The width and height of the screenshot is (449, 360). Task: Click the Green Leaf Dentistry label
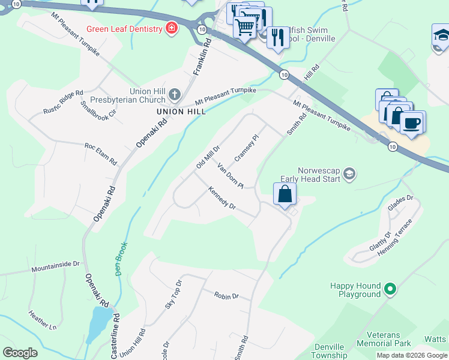124,29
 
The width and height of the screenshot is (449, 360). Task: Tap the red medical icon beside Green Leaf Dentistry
172,28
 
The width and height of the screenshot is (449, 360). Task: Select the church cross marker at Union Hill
175,94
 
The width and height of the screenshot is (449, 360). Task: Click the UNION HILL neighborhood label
181,112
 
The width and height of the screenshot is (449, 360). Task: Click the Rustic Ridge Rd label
62,102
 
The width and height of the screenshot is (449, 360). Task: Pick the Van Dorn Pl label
230,175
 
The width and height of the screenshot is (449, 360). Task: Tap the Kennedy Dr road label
221,197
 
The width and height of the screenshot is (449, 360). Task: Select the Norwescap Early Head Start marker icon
349,175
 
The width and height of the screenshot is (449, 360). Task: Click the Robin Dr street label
226,296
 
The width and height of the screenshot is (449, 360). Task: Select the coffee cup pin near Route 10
412,123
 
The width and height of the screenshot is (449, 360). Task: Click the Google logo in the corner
20,353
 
